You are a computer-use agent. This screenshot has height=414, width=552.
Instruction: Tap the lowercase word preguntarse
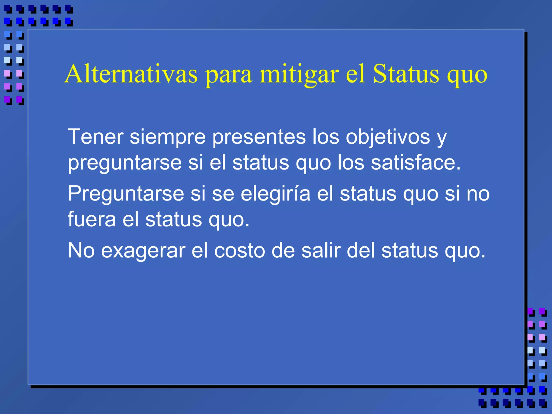[x=125, y=163]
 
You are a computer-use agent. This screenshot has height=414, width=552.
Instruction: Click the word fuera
[x=92, y=219]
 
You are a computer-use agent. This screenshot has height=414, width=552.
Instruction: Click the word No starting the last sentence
[x=81, y=250]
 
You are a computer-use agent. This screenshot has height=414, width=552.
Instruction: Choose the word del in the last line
[x=361, y=250]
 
